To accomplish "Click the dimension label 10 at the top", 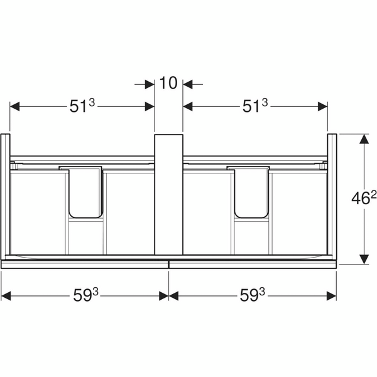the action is click(168, 83).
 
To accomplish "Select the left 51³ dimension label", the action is click(82, 106).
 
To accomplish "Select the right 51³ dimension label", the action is click(255, 106).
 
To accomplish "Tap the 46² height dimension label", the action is click(364, 199).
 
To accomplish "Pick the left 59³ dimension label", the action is click(86, 295).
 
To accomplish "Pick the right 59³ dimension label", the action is click(252, 295).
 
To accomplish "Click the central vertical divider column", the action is click(168, 194).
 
